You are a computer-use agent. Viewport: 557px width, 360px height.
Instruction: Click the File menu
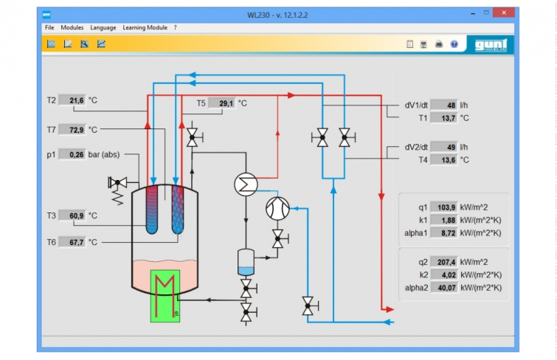[49, 27]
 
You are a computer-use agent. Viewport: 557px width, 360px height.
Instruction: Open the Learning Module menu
[145, 27]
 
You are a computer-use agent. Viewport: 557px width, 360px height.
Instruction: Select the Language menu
[103, 27]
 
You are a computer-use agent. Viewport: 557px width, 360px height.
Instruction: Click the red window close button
[504, 13]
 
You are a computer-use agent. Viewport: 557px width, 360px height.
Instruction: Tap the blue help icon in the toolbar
[454, 44]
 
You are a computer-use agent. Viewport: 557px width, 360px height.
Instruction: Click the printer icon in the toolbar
[439, 44]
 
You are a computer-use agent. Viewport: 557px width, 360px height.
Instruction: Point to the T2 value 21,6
[72, 100]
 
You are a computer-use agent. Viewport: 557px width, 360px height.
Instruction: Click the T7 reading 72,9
[72, 130]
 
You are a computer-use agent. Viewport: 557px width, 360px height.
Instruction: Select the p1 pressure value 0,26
[72, 155]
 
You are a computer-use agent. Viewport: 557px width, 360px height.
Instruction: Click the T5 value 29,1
[222, 103]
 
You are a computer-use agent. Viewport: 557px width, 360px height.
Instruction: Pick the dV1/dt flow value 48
[443, 105]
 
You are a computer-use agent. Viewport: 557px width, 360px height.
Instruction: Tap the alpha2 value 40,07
[444, 288]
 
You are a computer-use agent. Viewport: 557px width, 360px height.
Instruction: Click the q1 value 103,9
[443, 207]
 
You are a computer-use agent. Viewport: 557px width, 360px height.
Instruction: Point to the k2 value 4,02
[444, 274]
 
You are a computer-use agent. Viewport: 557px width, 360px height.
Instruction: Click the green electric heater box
[165, 296]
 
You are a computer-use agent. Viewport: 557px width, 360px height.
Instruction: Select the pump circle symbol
[277, 209]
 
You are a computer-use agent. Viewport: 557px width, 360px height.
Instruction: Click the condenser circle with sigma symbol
[246, 184]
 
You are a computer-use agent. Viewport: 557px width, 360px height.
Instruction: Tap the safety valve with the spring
[117, 190]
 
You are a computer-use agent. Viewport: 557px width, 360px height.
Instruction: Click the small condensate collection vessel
[246, 263]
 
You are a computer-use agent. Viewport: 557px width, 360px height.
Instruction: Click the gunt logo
[491, 45]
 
